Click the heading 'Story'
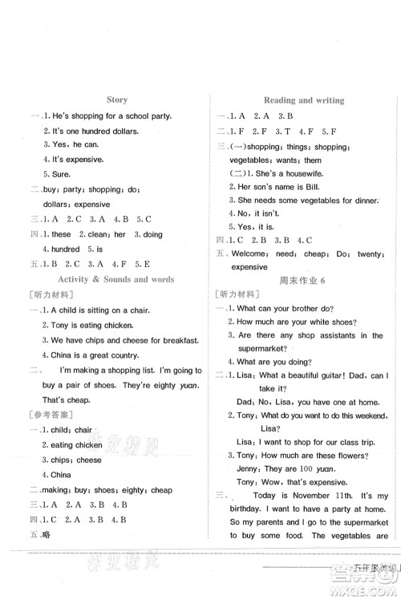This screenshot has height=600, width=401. (116, 100)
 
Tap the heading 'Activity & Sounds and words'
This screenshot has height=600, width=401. (116, 279)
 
